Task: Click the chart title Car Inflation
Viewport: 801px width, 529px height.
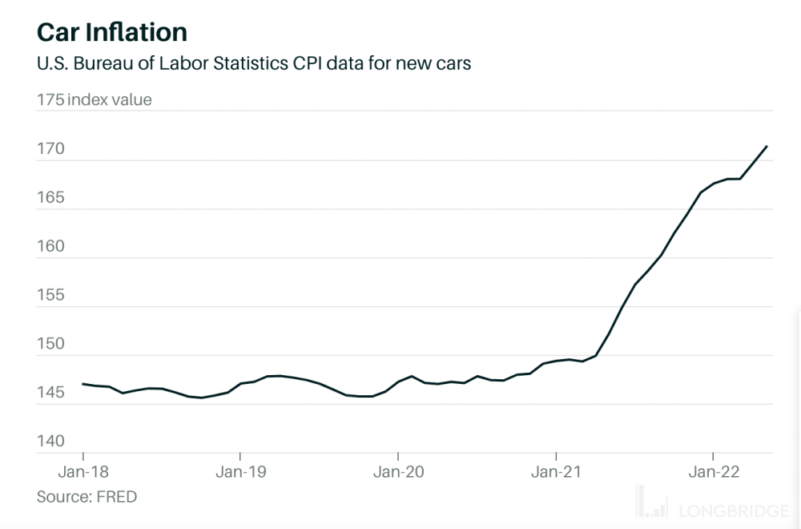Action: pyautogui.click(x=111, y=31)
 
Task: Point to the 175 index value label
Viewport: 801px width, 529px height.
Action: pyautogui.click(x=94, y=100)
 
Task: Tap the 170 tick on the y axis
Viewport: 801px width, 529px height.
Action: pyautogui.click(x=51, y=149)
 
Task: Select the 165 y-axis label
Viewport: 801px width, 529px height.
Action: pyautogui.click(x=51, y=198)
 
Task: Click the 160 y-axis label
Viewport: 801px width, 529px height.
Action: pyautogui.click(x=51, y=247)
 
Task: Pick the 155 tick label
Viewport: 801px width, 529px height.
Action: pyautogui.click(x=51, y=296)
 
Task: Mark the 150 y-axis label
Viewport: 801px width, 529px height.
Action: pyautogui.click(x=51, y=344)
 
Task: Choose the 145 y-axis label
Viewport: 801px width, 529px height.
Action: pyautogui.click(x=51, y=393)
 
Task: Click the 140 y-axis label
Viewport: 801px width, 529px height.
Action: pyautogui.click(x=51, y=442)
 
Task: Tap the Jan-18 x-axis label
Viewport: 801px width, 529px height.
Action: pyautogui.click(x=83, y=473)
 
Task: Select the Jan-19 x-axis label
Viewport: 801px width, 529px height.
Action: pyautogui.click(x=240, y=473)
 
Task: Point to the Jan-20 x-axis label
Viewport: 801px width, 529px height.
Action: pyautogui.click(x=398, y=473)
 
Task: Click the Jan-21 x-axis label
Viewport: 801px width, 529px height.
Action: pyautogui.click(x=556, y=473)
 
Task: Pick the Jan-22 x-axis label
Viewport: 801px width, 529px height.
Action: pyautogui.click(x=714, y=473)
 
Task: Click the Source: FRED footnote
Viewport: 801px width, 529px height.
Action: pyautogui.click(x=87, y=497)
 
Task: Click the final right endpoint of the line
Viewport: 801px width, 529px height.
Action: pyautogui.click(x=767, y=146)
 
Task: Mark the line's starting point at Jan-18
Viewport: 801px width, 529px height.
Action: pyautogui.click(x=83, y=384)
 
